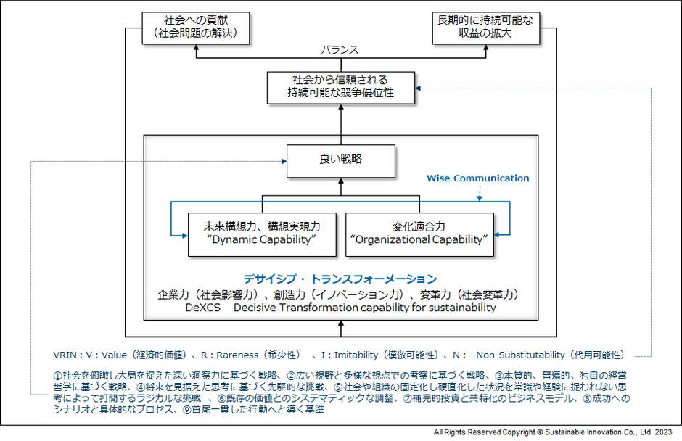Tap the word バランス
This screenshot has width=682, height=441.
(340, 50)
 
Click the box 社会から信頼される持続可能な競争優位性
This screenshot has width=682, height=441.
(340, 87)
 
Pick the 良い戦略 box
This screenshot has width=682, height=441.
(340, 161)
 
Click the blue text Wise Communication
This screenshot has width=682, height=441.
(477, 178)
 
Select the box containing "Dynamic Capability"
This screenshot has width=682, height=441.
(262, 234)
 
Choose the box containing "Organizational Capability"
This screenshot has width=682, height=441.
(419, 234)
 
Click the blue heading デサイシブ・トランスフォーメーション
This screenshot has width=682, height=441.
(340, 279)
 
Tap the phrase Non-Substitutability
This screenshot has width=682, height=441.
(520, 355)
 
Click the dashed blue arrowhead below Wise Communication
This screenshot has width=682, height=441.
(478, 196)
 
